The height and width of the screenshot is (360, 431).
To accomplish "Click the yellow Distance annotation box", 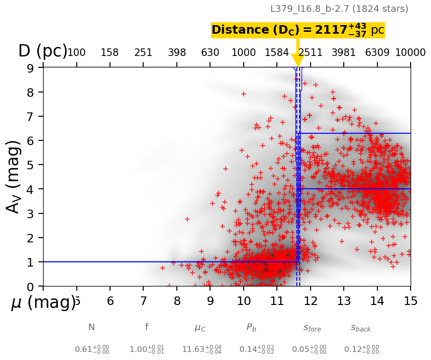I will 298,30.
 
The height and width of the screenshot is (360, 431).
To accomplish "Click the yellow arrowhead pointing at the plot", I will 298,60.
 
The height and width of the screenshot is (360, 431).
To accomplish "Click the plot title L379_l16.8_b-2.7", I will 339,9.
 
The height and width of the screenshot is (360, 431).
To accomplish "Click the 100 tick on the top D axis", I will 76,52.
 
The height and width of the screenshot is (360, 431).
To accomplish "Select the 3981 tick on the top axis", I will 343,52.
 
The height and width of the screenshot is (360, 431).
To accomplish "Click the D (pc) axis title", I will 43,51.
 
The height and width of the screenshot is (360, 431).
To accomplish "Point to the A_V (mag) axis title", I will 14,176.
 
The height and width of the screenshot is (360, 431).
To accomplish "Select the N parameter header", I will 92,327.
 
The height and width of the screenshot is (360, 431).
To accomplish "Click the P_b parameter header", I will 251,327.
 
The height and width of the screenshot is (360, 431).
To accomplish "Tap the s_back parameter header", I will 361,327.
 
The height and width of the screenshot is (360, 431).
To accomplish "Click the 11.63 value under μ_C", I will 201,350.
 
